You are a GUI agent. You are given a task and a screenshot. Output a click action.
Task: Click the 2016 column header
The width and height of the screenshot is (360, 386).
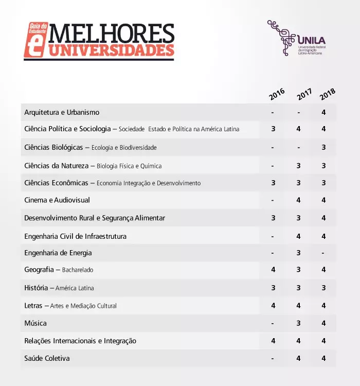(276, 94)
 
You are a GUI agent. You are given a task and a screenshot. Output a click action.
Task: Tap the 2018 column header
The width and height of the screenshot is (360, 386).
(327, 94)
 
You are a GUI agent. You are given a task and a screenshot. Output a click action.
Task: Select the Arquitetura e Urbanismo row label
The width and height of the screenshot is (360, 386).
(62, 112)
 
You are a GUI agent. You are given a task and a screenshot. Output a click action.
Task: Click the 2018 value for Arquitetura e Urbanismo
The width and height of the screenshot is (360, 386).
(323, 112)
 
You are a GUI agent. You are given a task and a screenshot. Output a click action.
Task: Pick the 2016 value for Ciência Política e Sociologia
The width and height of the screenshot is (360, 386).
(273, 129)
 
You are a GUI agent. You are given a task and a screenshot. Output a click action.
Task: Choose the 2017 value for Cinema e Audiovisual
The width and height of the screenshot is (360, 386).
(298, 200)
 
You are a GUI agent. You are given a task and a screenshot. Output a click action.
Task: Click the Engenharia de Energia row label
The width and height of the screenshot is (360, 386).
(58, 253)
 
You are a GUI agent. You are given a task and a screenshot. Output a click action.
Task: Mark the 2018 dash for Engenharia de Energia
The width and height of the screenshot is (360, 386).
(323, 253)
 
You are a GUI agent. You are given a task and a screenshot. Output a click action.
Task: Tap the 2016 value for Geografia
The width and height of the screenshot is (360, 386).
(273, 270)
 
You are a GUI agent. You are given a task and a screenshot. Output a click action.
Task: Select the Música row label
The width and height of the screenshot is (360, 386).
(35, 323)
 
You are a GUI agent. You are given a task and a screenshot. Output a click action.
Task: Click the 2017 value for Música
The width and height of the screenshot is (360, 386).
(298, 323)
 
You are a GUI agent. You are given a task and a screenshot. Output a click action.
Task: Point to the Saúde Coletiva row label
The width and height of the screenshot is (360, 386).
(47, 358)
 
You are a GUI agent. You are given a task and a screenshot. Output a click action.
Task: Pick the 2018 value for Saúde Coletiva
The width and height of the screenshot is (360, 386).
(323, 358)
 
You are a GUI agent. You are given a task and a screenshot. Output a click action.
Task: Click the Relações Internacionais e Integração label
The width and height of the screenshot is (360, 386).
(80, 341)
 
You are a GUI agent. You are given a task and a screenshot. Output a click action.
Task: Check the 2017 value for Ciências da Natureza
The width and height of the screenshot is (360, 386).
(298, 166)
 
